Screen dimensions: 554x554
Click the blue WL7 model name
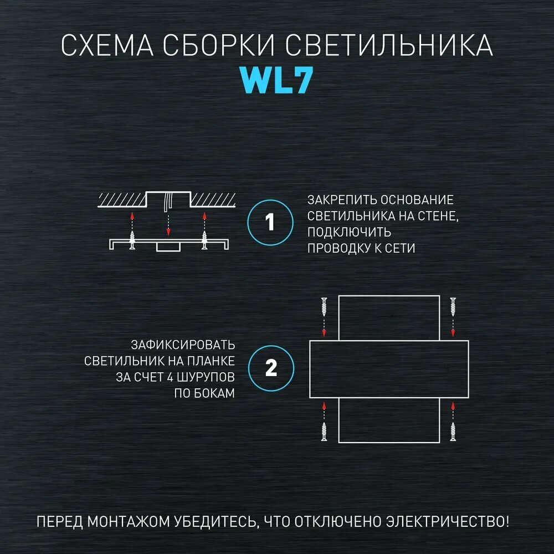pyautogui.click(x=277, y=81)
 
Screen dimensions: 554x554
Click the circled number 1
pyautogui.click(x=270, y=223)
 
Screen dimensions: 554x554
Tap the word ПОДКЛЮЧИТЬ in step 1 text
pyautogui.click(x=349, y=232)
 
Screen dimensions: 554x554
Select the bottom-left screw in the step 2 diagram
pyautogui.click(x=325, y=431)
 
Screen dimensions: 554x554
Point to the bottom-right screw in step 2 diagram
pyautogui.click(x=453, y=431)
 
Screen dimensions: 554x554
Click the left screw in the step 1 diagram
pyautogui.click(x=132, y=240)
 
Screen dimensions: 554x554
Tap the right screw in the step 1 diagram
pyautogui.click(x=204, y=240)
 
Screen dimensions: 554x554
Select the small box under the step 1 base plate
pyautogui.click(x=168, y=247)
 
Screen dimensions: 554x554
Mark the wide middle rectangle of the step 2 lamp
pyautogui.click(x=389, y=369)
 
